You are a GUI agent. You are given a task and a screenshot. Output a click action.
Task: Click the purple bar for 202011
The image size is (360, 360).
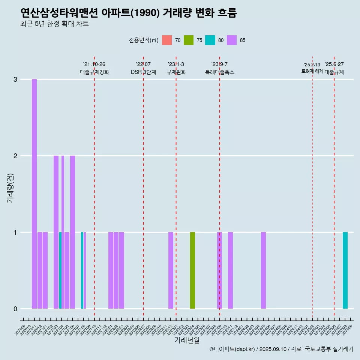pyautogui.click(x=34, y=194)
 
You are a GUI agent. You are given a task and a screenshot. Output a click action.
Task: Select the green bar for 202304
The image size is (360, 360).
pyautogui.click(x=192, y=270)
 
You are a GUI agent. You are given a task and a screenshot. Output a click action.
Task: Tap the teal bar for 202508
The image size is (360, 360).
pyautogui.click(x=345, y=270)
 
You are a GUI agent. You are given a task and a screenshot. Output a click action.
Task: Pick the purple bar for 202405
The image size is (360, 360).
pyautogui.click(x=263, y=270)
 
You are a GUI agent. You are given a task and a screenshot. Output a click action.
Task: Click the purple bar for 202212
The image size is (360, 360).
pyautogui.click(x=171, y=270)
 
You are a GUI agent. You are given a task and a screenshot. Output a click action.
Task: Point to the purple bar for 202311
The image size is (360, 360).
pyautogui.click(x=230, y=270)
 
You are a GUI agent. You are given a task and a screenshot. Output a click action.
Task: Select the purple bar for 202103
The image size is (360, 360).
pyautogui.click(x=56, y=232)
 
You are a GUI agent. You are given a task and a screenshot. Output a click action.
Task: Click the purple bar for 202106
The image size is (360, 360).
pyautogui.click(x=72, y=232)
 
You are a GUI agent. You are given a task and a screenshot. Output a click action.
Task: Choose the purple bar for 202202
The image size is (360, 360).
pyautogui.click(x=116, y=270)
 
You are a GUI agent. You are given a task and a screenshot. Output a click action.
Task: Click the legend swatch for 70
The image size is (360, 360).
pyautogui.click(x=167, y=40)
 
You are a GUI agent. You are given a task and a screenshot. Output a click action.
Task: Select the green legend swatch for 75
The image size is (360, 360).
pyautogui.click(x=189, y=40)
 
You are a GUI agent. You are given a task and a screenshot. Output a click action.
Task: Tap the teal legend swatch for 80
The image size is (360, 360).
pyautogui.click(x=210, y=40)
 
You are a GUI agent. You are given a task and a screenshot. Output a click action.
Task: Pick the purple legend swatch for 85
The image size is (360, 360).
pyautogui.click(x=232, y=40)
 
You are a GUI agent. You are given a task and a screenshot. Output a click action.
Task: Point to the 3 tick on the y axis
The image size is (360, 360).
pyautogui.click(x=15, y=79)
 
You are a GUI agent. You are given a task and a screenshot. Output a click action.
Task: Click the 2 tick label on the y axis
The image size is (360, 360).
pyautogui.click(x=15, y=156)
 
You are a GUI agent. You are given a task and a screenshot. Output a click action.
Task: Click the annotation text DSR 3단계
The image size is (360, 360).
pyautogui.click(x=143, y=72)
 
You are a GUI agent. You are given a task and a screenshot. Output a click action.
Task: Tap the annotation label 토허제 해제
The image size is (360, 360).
pyautogui.click(x=312, y=71)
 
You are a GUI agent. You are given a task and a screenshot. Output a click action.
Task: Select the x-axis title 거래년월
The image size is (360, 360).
pyautogui.click(x=187, y=340)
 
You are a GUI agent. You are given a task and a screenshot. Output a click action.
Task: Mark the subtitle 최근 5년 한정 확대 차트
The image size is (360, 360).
pyautogui.click(x=54, y=24)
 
